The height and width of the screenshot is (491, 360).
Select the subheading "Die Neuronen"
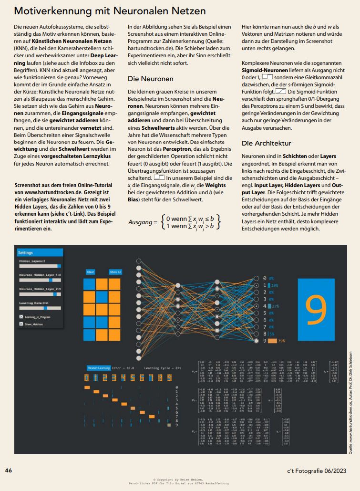pos(151,78)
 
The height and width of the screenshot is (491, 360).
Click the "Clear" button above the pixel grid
pos(91,272)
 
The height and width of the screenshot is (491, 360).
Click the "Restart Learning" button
pos(99,368)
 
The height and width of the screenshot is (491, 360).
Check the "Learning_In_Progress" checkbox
pos(21,316)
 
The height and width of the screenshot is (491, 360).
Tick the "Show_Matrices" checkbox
pos(21,324)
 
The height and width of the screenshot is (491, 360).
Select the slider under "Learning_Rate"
pos(40,308)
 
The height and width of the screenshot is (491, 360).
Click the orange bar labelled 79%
pos(272,341)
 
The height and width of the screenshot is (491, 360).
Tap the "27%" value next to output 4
pos(276,306)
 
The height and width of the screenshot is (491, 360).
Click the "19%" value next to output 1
pos(275,285)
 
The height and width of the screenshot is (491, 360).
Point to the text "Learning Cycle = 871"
pos(163,368)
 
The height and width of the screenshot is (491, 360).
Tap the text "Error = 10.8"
pos(123,368)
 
